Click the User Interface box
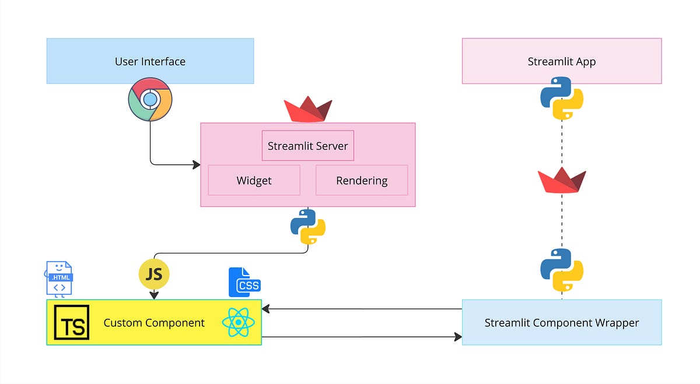click(150, 61)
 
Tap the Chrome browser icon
click(150, 100)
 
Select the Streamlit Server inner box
click(307, 146)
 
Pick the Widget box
click(254, 180)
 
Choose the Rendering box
click(362, 180)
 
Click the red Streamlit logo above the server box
click(308, 110)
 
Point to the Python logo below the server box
click(308, 226)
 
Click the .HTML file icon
click(60, 279)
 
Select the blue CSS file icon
click(244, 283)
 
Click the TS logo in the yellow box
click(72, 322)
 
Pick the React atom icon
click(238, 322)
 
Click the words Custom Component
click(154, 322)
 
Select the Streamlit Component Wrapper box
click(562, 322)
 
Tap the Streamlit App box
click(562, 61)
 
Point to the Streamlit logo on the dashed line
click(562, 181)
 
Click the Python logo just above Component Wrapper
click(562, 270)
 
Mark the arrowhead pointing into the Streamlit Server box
click(197, 165)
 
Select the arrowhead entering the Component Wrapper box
click(458, 336)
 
